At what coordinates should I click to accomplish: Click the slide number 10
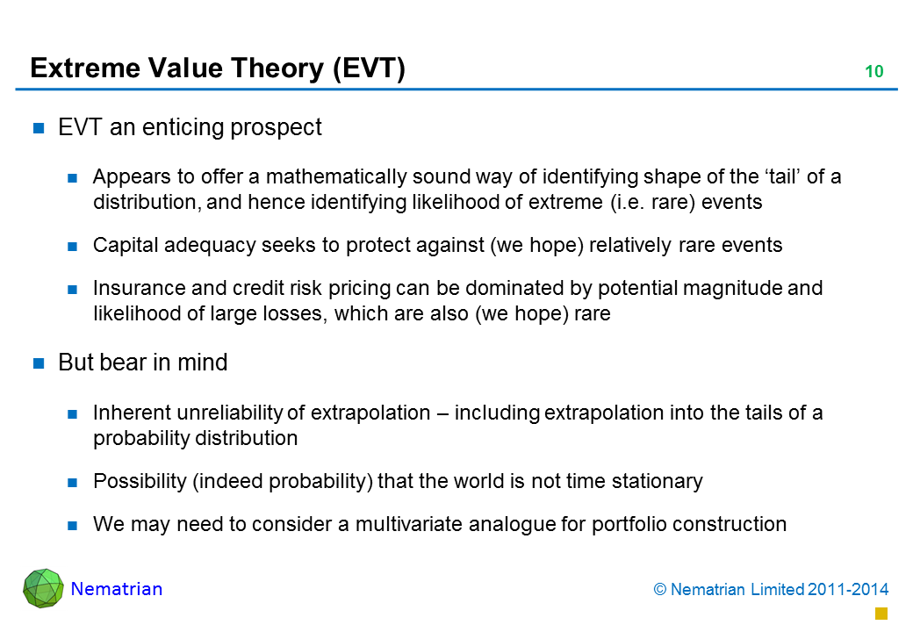pos(874,72)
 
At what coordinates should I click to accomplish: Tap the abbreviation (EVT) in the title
pos(369,68)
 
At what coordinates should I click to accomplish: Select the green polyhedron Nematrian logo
pos(43,588)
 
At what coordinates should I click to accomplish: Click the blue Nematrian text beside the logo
pos(117,589)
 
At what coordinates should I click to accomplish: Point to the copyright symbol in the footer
pos(659,590)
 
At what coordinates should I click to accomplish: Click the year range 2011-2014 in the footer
pos(848,590)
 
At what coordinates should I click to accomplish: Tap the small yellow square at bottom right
pos(881,614)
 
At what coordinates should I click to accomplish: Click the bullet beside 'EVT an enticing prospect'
pos(39,128)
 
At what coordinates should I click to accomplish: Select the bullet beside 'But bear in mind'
pos(39,363)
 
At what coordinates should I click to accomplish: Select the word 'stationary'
pos(658,482)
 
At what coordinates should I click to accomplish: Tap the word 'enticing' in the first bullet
pos(183,128)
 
